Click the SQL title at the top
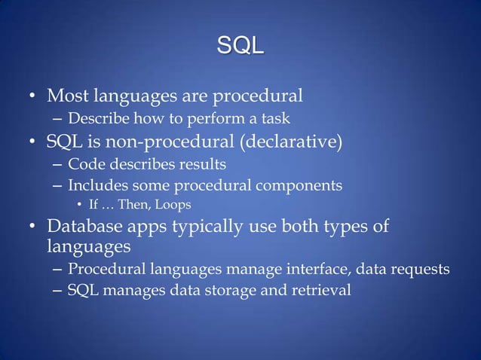240,46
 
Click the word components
299,185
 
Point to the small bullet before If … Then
81,206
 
